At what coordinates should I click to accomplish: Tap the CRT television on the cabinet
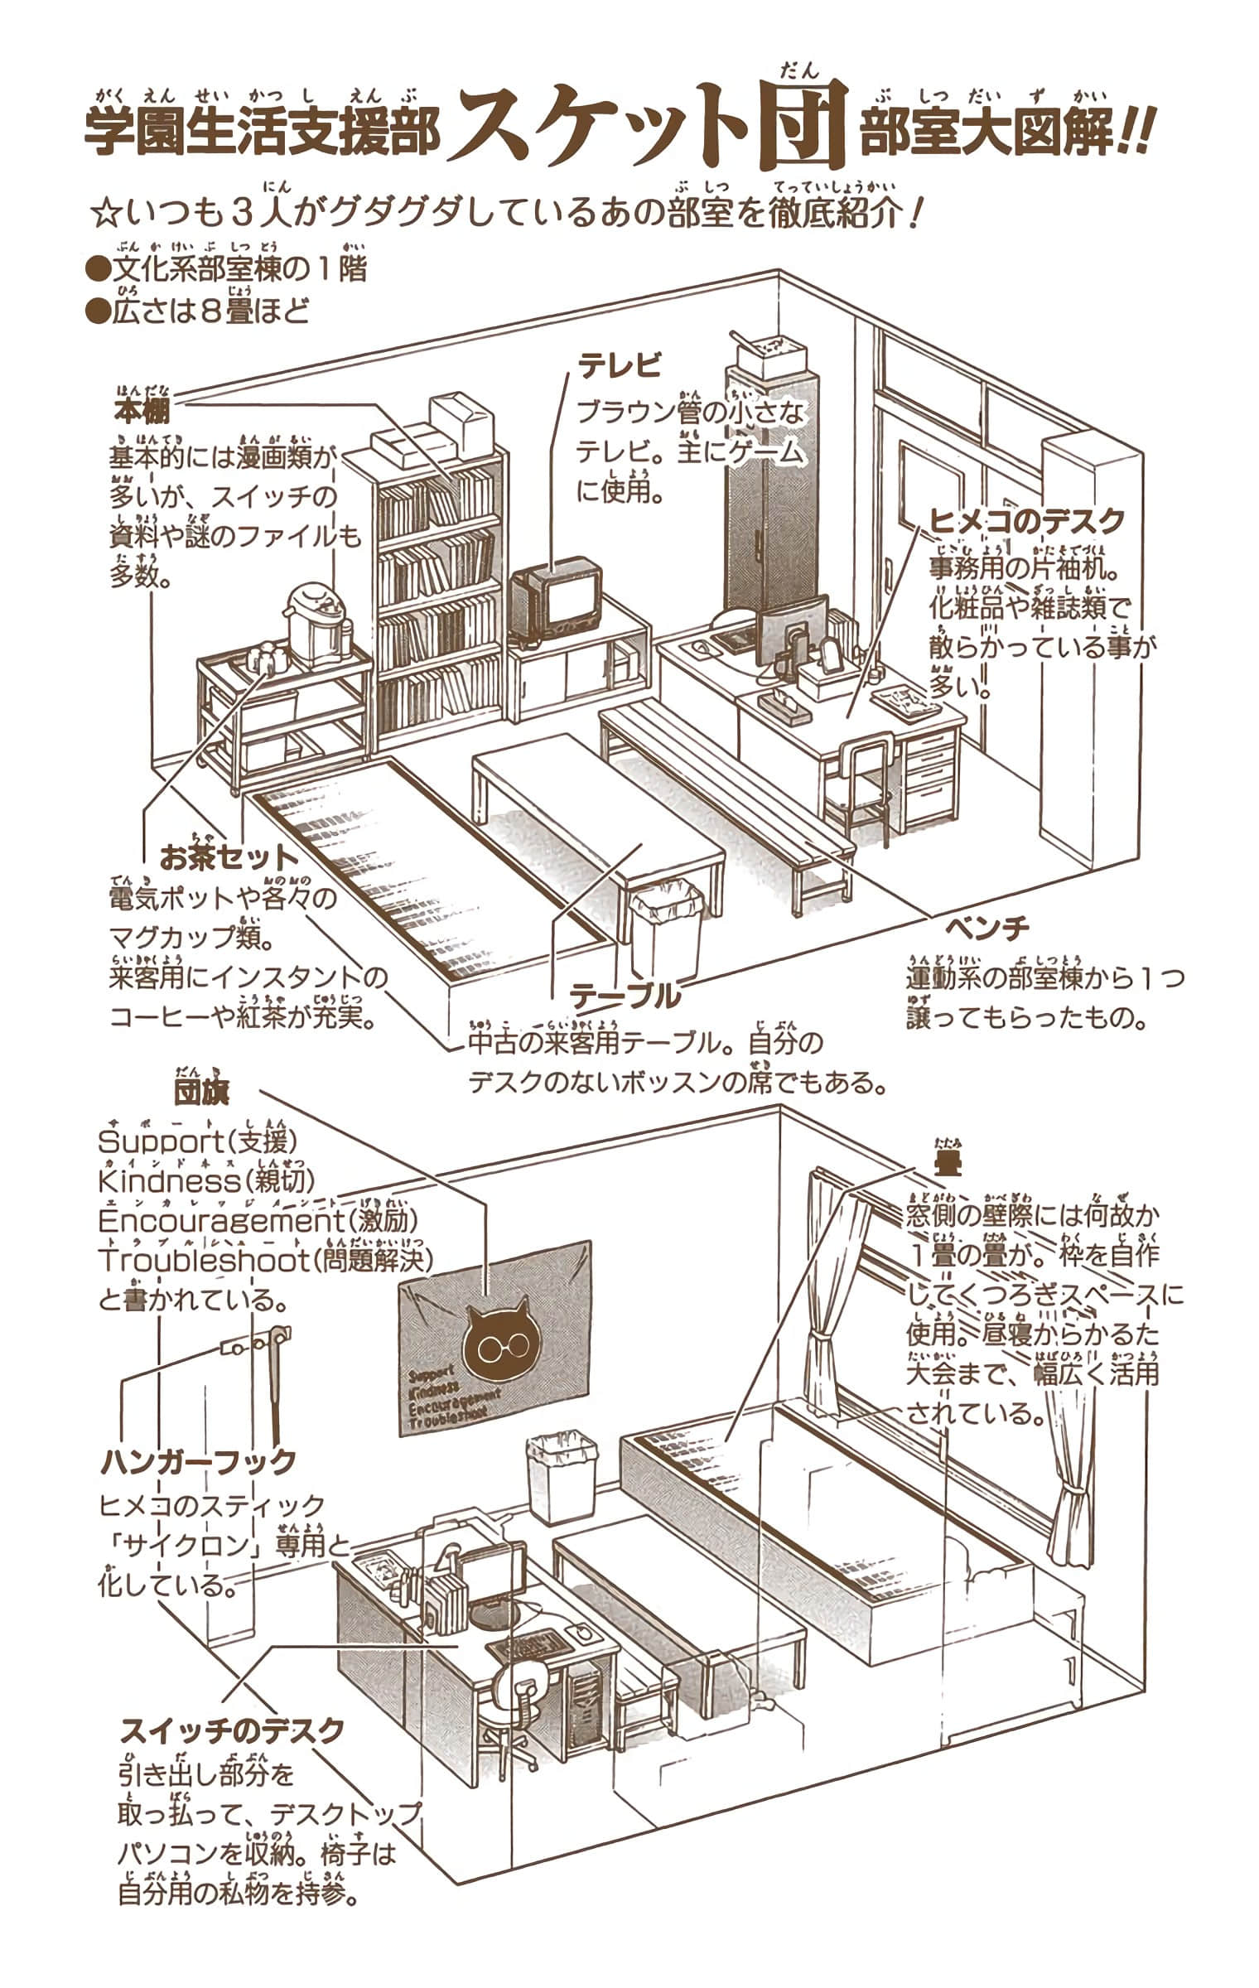click(555, 601)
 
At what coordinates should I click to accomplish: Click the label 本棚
click(142, 412)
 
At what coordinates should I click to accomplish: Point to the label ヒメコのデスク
click(1026, 521)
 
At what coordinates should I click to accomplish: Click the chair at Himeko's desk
click(866, 783)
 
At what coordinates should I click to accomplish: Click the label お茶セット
click(228, 858)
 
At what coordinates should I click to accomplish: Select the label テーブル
click(625, 996)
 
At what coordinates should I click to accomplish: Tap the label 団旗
click(201, 1092)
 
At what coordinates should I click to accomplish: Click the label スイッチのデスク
click(232, 1731)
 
